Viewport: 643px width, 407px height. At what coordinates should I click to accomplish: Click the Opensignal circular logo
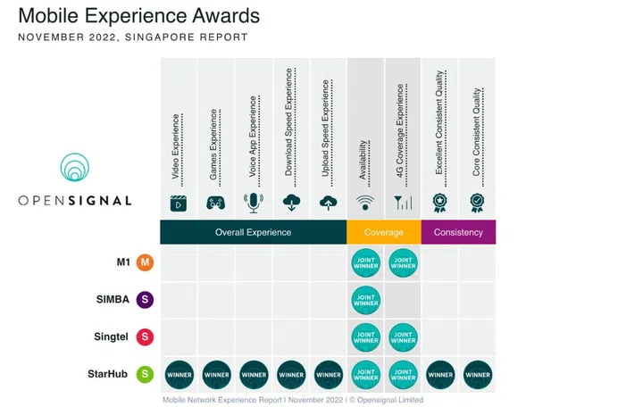(x=74, y=170)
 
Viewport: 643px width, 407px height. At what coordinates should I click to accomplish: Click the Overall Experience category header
(x=253, y=232)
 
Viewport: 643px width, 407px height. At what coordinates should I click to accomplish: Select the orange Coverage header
(x=384, y=232)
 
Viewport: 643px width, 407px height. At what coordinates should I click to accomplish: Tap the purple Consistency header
(x=458, y=232)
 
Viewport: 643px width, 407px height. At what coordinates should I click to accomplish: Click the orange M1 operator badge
(x=144, y=262)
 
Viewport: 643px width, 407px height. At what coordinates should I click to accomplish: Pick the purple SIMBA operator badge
(x=144, y=300)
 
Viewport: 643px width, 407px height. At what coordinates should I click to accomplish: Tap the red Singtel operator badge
(x=144, y=337)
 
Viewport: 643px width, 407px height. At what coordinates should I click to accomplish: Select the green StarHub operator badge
(x=144, y=375)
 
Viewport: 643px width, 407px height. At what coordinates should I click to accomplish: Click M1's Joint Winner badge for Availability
(x=365, y=262)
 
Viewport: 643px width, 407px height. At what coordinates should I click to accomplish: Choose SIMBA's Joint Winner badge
(x=365, y=300)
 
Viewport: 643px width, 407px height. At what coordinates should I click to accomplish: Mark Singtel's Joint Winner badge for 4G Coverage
(x=403, y=337)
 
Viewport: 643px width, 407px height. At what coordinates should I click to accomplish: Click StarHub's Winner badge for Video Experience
(x=179, y=375)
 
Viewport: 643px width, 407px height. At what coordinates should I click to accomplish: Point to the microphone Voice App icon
(x=253, y=203)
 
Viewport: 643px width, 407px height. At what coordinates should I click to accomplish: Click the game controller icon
(x=215, y=203)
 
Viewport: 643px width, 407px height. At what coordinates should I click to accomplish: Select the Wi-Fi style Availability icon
(x=365, y=203)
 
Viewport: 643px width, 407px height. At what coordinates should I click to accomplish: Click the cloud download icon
(x=290, y=203)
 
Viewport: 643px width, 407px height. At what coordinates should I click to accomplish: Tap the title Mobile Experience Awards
(x=138, y=16)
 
